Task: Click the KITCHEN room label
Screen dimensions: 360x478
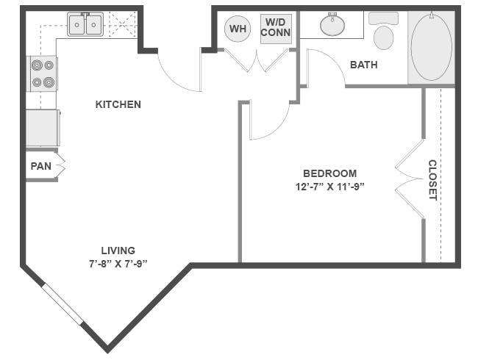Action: pos(118,104)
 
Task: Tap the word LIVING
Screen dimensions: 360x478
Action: pos(118,250)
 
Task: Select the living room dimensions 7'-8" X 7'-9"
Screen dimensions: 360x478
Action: pos(118,263)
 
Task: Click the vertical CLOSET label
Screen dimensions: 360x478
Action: pos(432,180)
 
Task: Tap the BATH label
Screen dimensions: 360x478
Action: pos(363,65)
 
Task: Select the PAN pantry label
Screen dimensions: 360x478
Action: pos(40,166)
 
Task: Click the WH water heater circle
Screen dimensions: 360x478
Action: pos(238,29)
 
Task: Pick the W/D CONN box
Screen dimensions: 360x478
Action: pos(276,29)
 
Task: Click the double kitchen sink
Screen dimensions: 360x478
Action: pos(85,25)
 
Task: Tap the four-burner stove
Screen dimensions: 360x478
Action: pos(42,73)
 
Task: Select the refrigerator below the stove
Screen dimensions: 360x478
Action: pos(42,128)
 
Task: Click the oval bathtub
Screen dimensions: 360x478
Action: pos(431,46)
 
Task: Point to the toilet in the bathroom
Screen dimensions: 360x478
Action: pos(383,33)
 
